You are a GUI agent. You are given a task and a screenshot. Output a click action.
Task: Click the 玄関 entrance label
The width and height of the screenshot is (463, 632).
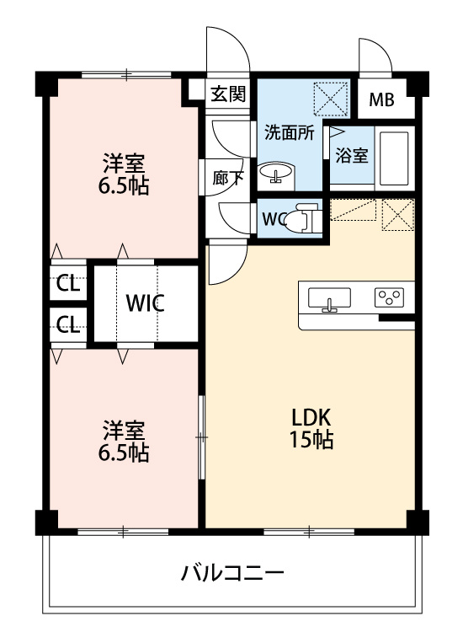tap(228, 94)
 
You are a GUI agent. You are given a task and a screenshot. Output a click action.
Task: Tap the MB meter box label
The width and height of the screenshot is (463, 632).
tap(381, 99)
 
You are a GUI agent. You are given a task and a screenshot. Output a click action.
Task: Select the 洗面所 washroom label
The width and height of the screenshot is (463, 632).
tap(290, 132)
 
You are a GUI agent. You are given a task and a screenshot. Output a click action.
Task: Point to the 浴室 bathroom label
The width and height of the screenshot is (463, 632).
tap(352, 155)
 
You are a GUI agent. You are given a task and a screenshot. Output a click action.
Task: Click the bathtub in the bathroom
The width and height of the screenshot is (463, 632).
tap(394, 158)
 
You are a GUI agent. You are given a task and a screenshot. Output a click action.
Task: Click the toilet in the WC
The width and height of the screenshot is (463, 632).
tap(303, 218)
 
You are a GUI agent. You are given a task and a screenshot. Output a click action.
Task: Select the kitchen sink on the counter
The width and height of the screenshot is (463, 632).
tap(329, 299)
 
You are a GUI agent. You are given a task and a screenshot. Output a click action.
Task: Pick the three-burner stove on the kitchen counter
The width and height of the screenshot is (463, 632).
tap(389, 297)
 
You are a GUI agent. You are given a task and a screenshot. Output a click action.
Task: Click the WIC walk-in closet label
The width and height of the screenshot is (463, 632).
tap(145, 303)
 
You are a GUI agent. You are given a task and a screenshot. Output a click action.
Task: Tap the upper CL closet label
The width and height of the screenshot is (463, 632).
tap(67, 284)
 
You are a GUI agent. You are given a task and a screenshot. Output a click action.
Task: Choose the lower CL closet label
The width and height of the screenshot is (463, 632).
tap(67, 324)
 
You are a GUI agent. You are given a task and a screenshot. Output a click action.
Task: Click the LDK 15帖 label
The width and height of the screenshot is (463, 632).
tap(311, 428)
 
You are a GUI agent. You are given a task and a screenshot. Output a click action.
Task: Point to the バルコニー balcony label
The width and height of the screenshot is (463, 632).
tap(232, 572)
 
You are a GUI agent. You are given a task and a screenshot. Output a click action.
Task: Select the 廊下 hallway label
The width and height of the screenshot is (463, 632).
tap(228, 178)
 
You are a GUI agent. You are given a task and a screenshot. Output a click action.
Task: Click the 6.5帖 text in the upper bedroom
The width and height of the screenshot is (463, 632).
tap(124, 186)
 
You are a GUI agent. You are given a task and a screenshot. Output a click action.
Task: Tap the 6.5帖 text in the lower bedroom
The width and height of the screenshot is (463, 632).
tap(124, 453)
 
